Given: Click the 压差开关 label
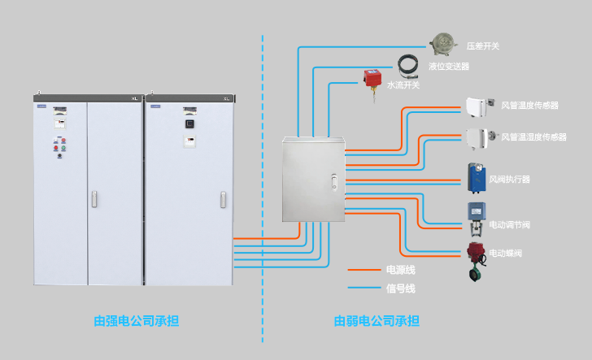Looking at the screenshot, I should (x=482, y=46).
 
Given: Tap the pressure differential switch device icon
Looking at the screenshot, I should (x=442, y=41).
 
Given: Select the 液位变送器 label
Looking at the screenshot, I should (x=449, y=67).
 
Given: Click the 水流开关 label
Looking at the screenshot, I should (x=403, y=85).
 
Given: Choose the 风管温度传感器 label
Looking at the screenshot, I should (x=529, y=106).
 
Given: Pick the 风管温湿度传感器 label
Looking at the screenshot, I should (x=533, y=137).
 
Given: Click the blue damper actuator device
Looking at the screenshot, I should (x=476, y=176).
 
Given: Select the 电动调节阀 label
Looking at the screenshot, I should (x=509, y=224).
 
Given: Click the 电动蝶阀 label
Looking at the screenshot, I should (x=505, y=254).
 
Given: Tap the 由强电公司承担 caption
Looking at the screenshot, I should (x=136, y=321).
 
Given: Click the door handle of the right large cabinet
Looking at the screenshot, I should (x=223, y=199).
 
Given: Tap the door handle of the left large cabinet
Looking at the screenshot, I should (x=94, y=198).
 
